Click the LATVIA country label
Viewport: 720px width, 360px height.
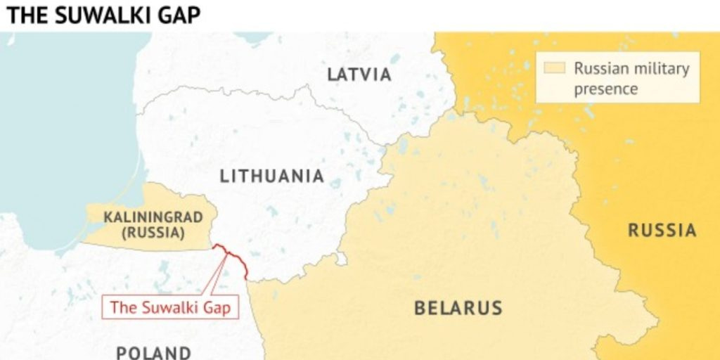pyautogui.click(x=359, y=75)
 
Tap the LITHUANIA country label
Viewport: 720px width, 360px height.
pyautogui.click(x=272, y=176)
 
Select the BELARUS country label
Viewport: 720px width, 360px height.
pyautogui.click(x=458, y=308)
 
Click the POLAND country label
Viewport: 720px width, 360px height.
pyautogui.click(x=153, y=352)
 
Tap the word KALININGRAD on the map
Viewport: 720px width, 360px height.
pyautogui.click(x=153, y=217)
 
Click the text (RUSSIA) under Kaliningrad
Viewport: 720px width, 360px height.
pyautogui.click(x=153, y=233)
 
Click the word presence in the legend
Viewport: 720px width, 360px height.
pyautogui.click(x=605, y=89)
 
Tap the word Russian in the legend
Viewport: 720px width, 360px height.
pyautogui.click(x=598, y=69)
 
